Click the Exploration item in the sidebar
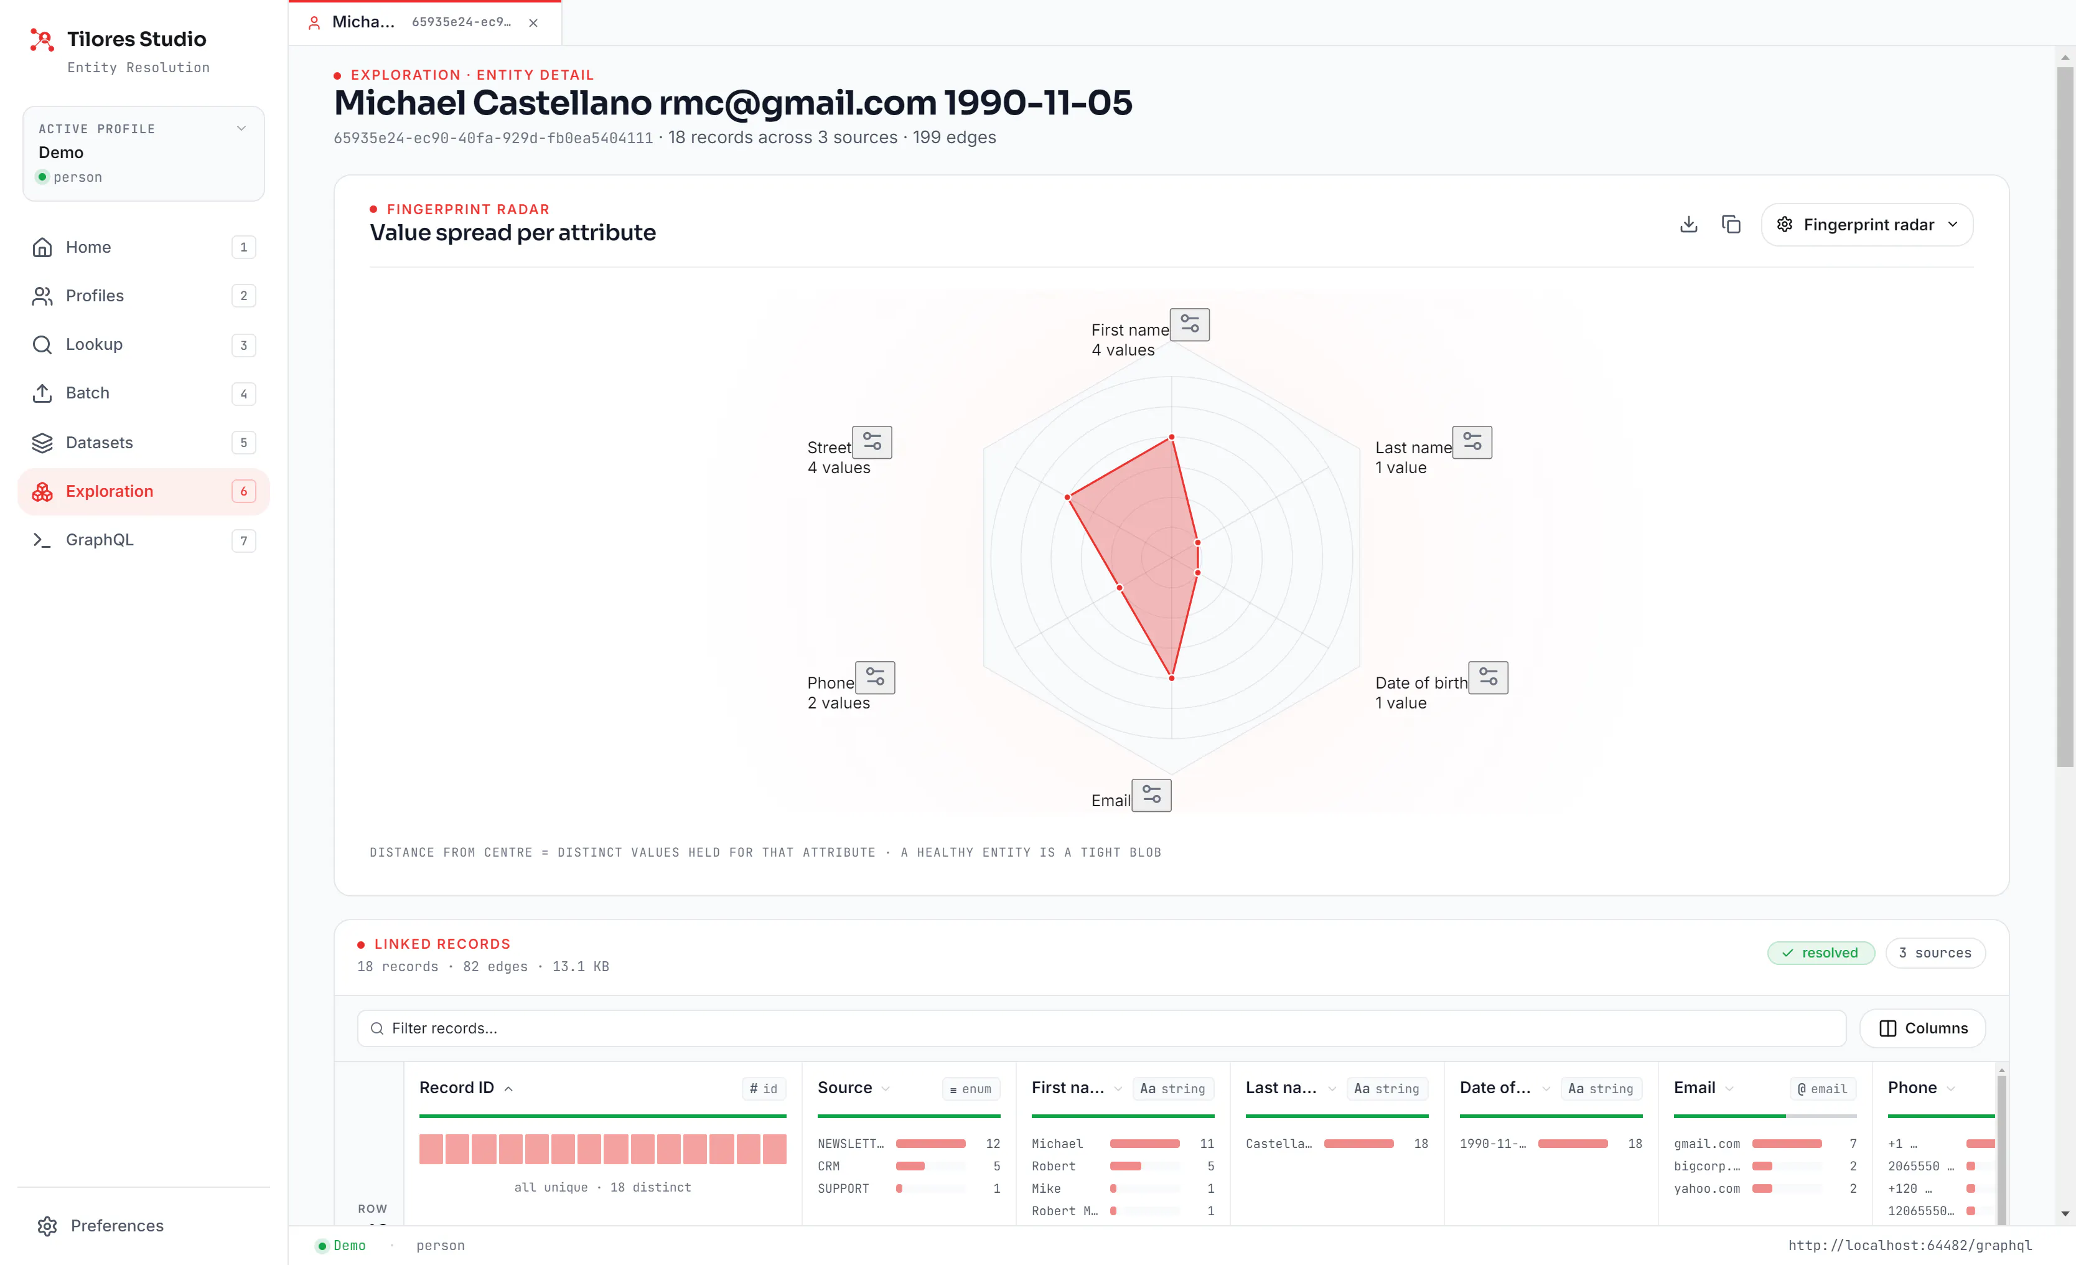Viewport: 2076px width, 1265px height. [143, 491]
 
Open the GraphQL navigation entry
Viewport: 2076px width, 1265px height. [143, 540]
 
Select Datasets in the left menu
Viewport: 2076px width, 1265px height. [143, 443]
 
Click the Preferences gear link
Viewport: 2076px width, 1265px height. [101, 1225]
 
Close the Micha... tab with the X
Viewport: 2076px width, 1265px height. [533, 23]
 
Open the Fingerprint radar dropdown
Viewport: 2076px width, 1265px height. [1866, 225]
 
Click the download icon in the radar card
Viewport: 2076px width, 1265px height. [1688, 224]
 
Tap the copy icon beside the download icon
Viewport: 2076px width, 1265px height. [1731, 224]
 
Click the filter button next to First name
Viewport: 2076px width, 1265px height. [1190, 324]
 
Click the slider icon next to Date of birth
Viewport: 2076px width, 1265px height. [1489, 677]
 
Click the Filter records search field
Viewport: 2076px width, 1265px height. [1101, 1028]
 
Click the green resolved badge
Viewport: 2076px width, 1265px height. [1821, 952]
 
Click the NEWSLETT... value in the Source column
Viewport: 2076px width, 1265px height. [850, 1144]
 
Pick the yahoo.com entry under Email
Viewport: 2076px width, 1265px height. [1706, 1188]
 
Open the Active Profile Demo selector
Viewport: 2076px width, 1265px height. [143, 153]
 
